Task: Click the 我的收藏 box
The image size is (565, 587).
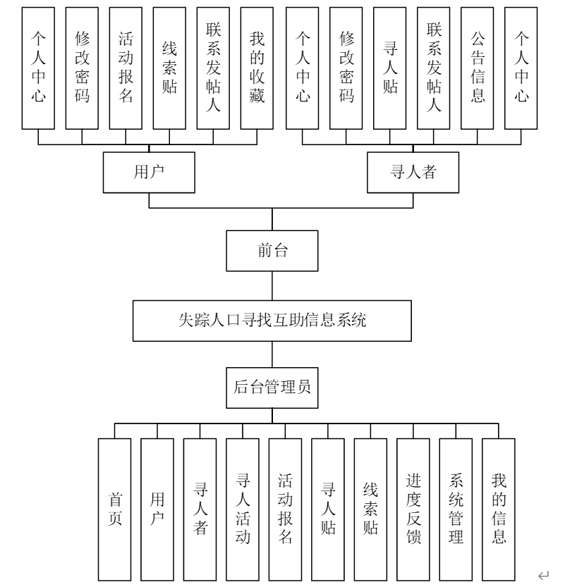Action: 257,68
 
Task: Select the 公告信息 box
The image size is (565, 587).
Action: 478,68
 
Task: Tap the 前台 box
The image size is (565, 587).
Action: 272,251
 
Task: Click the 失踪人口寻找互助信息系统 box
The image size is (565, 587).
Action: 272,321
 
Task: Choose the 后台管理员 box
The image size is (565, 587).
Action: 272,387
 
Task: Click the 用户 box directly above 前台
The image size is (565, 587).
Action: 149,173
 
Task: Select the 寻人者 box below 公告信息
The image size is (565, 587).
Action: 413,173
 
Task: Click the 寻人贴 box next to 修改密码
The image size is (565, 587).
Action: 390,68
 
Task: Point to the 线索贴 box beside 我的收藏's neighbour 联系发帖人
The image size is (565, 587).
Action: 169,68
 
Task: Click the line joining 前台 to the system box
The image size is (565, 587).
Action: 272,286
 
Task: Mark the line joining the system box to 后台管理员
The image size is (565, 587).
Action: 272,354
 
